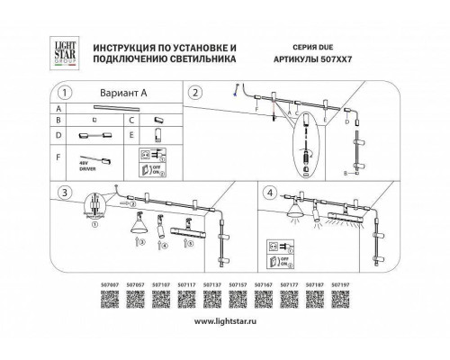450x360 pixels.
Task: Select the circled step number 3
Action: point(62,193)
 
